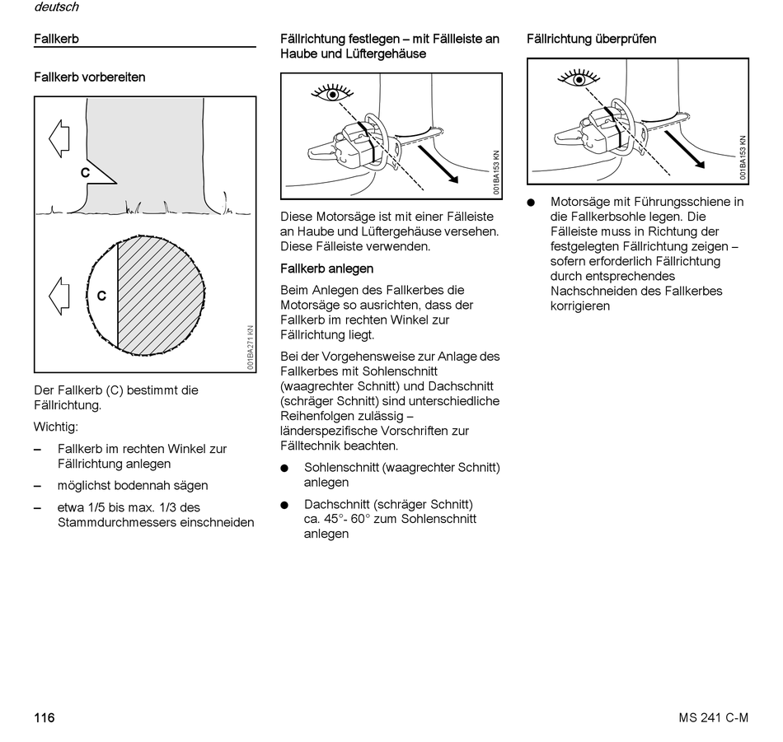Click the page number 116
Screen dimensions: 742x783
tap(44, 717)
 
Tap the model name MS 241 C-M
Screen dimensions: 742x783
tap(708, 717)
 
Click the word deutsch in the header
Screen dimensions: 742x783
tap(56, 7)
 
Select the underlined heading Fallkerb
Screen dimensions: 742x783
tap(56, 39)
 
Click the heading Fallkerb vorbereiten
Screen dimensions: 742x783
tap(89, 77)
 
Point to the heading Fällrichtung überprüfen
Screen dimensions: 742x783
tap(591, 39)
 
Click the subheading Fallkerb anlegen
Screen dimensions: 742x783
tap(326, 268)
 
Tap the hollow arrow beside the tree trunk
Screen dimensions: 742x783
tap(59, 138)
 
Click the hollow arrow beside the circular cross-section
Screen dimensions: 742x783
tap(59, 294)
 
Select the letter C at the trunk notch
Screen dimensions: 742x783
tap(85, 173)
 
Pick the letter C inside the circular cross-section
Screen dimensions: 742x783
tap(101, 296)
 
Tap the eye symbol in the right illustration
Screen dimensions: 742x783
tap(579, 79)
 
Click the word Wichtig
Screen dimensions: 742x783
tap(56, 427)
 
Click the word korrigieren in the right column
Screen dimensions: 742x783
tap(580, 306)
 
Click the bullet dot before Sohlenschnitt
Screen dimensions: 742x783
tap(284, 468)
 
